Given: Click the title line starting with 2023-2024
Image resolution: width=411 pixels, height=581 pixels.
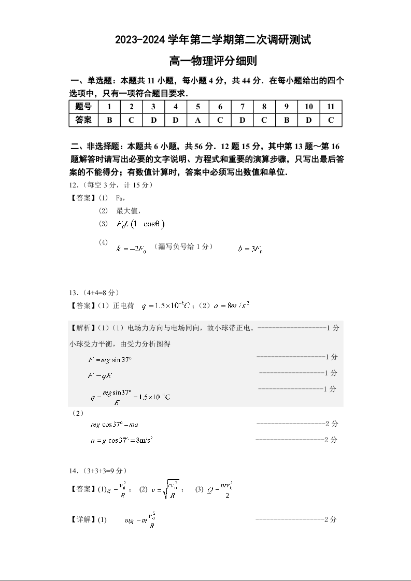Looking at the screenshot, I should [205, 39].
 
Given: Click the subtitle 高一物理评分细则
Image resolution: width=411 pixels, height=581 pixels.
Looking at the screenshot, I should [205, 61].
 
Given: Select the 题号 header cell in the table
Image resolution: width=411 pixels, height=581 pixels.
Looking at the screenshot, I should [83, 107].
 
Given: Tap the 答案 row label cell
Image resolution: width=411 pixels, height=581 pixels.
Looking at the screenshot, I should [83, 120].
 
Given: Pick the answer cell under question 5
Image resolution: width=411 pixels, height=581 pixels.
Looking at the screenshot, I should [198, 120].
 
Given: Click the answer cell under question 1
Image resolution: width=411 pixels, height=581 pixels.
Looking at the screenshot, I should [109, 120].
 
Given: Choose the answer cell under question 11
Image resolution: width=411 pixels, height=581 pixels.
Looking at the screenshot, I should [331, 120].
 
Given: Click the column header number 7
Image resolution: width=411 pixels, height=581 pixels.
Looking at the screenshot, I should [242, 107].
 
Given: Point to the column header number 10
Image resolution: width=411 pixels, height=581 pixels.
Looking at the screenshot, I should [308, 107].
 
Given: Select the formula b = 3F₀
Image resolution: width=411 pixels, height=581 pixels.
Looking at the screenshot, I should [250, 248].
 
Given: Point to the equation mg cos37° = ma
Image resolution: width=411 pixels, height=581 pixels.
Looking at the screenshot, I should [114, 425].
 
